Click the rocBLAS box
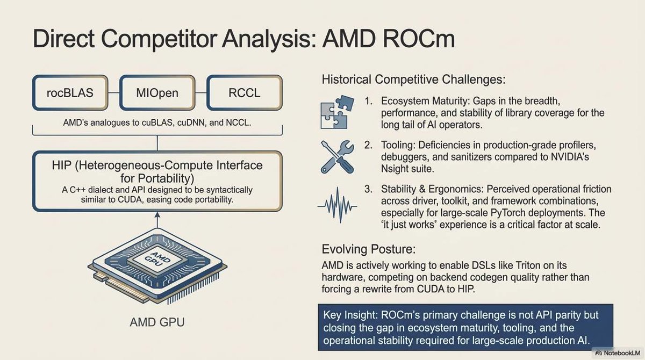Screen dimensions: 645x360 point(69,93)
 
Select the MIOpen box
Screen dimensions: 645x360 point(157,93)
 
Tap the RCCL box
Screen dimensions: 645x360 point(244,93)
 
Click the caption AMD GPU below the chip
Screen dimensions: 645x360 point(156,323)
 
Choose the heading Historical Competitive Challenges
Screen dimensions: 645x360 point(413,80)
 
